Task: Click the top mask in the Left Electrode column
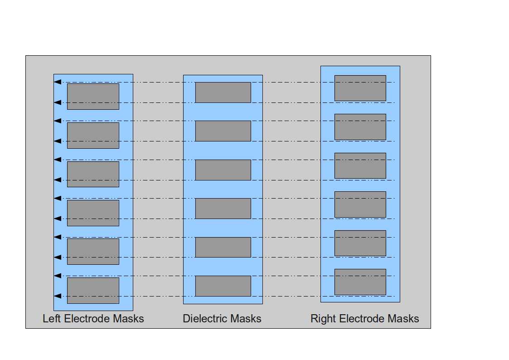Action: (x=93, y=96)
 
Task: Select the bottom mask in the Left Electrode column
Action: (x=93, y=290)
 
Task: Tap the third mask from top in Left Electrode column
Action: (x=93, y=174)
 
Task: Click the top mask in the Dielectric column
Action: (x=223, y=92)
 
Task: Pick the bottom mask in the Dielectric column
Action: (x=223, y=286)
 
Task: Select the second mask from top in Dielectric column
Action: (x=223, y=131)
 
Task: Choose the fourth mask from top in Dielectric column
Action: (x=223, y=209)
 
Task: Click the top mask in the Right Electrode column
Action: (x=360, y=88)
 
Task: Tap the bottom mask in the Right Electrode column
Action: (x=360, y=282)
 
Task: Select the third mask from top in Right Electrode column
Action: (x=360, y=165)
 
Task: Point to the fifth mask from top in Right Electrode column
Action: (x=360, y=243)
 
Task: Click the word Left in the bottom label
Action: (x=52, y=319)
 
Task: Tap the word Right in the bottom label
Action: (x=323, y=319)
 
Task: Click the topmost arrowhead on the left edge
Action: (x=57, y=82)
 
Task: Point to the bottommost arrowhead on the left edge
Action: (x=57, y=296)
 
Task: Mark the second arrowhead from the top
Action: (x=57, y=102)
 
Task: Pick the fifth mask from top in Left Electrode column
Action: (x=93, y=252)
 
